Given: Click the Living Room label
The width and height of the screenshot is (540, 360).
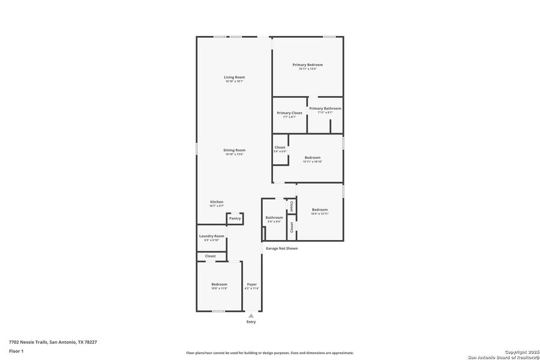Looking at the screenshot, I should point(234,77).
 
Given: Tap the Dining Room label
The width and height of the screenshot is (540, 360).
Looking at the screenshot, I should point(234,151).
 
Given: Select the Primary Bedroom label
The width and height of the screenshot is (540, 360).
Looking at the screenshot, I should point(307,65).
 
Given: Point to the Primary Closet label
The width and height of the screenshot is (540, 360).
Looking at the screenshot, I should point(289,113).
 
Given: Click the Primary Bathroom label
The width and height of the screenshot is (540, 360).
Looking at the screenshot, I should point(325,109).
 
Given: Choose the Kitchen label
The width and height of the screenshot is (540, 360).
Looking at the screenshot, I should point(217,202).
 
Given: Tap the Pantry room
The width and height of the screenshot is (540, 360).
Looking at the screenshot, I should point(235,218).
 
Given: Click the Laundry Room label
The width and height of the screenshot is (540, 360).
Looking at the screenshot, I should point(211,236).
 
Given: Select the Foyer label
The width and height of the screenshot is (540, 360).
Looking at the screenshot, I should point(251,284).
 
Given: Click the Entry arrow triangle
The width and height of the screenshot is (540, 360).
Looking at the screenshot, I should point(251,315).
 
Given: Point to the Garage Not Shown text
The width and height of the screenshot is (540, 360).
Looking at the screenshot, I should point(281,248).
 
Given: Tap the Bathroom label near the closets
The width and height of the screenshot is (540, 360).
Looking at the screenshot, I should point(274,218).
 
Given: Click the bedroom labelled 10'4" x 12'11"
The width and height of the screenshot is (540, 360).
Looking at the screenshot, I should point(319,210).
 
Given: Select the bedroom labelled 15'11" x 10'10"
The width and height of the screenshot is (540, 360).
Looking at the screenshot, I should point(312,158).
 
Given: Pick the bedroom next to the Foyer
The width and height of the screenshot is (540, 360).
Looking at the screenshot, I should point(219,284).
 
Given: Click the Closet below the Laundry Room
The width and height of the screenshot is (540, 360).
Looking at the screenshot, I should point(210,256).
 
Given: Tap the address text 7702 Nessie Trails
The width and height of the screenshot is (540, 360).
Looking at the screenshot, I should point(53,342).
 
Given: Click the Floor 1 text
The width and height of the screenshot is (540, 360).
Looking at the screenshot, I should point(16,350).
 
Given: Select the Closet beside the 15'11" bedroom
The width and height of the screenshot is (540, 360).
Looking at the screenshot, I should point(280,148).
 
